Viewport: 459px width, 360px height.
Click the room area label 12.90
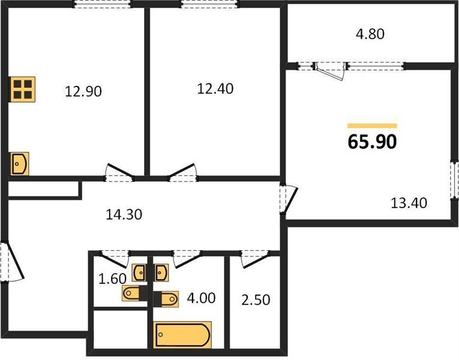(83, 91)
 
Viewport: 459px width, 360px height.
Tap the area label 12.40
(215, 89)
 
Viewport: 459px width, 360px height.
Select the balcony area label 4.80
(370, 34)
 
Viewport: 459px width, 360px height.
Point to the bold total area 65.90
(373, 142)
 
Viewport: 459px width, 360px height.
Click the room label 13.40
(409, 203)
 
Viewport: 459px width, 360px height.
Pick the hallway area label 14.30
(124, 215)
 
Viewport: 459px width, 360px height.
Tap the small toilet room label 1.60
(112, 278)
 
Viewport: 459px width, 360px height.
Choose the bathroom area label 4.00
(202, 298)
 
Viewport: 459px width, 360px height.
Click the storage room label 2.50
(256, 300)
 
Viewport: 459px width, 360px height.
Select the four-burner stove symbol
(23, 89)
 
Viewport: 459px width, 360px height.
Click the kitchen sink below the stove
(20, 164)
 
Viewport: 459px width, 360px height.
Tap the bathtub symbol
(182, 335)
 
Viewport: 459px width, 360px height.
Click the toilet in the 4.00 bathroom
(166, 299)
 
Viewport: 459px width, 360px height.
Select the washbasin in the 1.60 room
(139, 273)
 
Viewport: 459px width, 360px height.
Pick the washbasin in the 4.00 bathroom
(162, 273)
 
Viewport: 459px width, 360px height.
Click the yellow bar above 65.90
(373, 126)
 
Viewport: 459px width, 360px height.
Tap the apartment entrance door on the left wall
(12, 262)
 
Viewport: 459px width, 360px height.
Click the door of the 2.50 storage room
(255, 259)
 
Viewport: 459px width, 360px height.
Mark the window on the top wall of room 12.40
(209, 4)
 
